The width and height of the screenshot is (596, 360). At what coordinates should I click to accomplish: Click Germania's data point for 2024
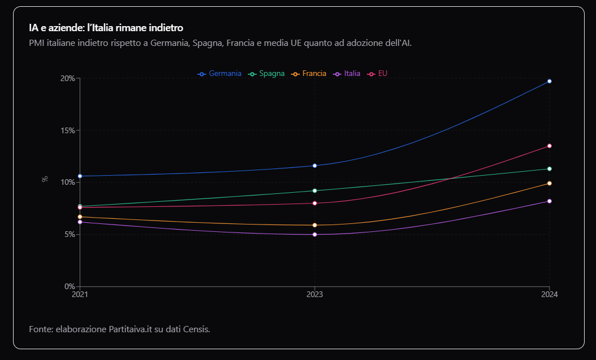(549, 81)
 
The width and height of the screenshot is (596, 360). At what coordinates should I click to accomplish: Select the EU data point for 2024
(549, 146)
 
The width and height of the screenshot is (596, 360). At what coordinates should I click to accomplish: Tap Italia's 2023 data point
(315, 234)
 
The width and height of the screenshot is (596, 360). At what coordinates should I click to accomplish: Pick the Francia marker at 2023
(315, 225)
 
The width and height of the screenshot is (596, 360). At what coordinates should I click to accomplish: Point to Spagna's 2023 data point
(315, 190)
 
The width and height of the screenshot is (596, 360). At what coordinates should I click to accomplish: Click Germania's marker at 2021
(80, 176)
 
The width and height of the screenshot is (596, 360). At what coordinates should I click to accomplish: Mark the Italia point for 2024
(549, 201)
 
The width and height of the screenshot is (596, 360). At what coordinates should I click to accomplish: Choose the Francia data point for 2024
(549, 183)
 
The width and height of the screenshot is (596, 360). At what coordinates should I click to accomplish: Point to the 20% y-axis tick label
(67, 78)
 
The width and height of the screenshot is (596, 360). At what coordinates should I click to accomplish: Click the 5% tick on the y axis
(69, 234)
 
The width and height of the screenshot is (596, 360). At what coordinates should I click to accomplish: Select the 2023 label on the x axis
(315, 294)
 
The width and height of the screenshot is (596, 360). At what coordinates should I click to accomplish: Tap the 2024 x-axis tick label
(549, 294)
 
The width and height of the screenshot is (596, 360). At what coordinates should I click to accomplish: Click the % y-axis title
(45, 179)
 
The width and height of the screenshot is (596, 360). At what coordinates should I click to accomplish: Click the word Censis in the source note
(195, 329)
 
